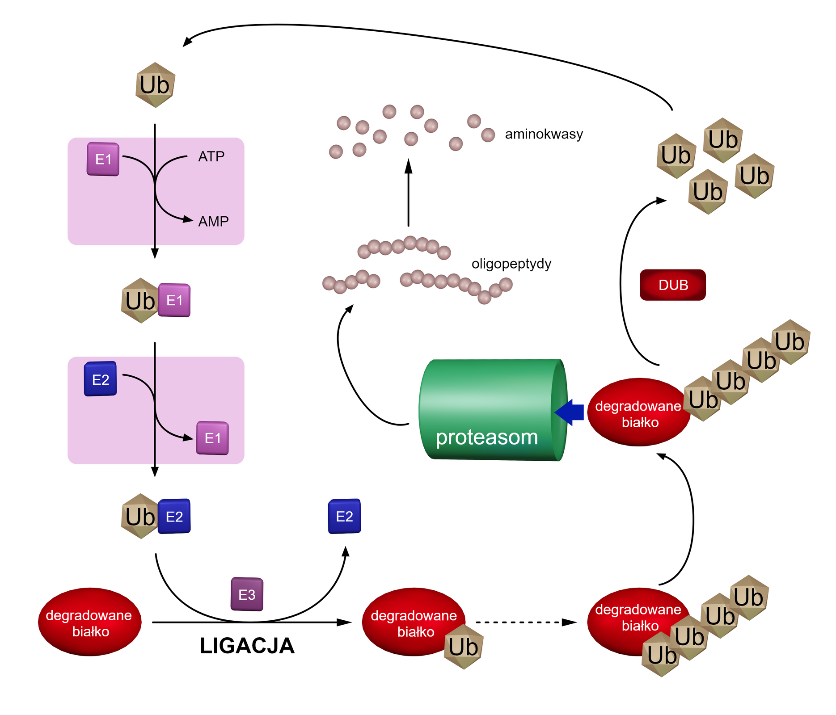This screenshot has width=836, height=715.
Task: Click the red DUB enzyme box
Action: coord(672,285)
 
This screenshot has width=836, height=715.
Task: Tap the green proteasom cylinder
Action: coord(492,410)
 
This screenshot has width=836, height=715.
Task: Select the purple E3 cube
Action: coord(247,594)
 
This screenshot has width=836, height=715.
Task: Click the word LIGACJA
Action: coord(247,646)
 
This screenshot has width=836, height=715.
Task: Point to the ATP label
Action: coord(211,156)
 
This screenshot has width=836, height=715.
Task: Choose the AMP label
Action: coord(213,221)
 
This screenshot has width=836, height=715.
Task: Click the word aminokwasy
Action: coord(544,134)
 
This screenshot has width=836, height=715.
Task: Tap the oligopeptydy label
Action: coord(511,264)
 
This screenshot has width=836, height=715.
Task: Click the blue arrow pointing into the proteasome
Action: coord(570,412)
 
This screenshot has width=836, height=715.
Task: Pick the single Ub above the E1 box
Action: coord(155,85)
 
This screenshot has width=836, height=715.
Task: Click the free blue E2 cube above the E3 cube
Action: coord(344,516)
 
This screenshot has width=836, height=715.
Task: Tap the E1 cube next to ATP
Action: coord(103,159)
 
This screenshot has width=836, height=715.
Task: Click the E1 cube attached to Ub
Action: coord(174,300)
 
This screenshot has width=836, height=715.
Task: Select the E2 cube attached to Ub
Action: coord(174,516)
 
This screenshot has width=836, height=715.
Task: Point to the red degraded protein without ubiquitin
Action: coord(90,622)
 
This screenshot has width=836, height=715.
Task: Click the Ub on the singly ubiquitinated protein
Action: coord(464,647)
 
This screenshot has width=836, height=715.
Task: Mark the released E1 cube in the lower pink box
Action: coord(212,438)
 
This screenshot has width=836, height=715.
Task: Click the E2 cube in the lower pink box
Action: coord(101,379)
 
